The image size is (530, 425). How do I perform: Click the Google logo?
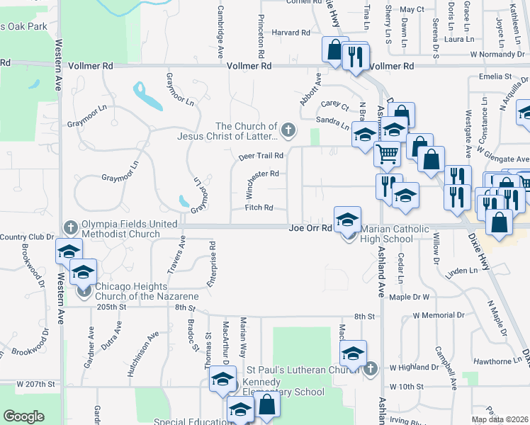(23, 416)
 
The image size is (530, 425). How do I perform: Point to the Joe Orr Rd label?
(310, 228)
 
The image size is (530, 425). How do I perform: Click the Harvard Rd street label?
(291, 33)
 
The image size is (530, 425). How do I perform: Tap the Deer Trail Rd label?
(261, 155)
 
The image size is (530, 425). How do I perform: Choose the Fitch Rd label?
(259, 208)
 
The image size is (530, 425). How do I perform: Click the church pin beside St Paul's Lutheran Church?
(371, 368)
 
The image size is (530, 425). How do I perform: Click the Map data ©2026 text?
(499, 419)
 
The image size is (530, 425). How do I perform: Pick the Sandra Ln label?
(332, 125)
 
